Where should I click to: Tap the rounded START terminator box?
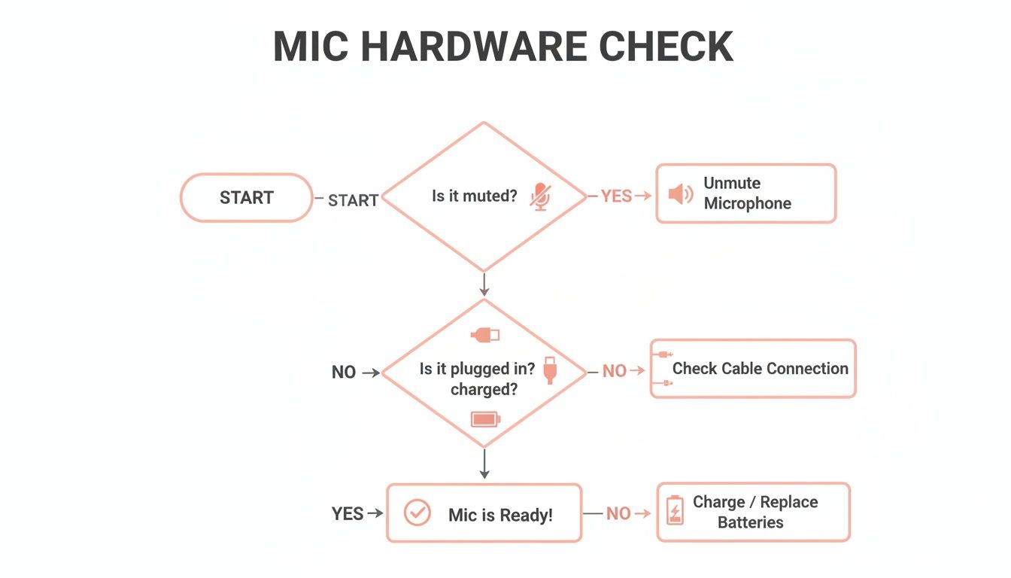click(246, 198)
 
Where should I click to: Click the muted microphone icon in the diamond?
click(540, 196)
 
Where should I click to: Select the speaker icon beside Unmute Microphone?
click(680, 194)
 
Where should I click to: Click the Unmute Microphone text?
click(747, 193)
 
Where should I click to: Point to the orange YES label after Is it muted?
click(616, 196)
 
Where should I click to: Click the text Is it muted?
click(474, 196)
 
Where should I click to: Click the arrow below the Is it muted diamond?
click(484, 284)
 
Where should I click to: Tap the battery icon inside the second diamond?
click(485, 419)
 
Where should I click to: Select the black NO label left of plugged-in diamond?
click(344, 373)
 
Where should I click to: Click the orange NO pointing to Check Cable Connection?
click(615, 371)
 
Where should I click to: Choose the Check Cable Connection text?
click(760, 369)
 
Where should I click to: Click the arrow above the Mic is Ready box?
click(484, 464)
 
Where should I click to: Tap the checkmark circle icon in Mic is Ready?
click(417, 513)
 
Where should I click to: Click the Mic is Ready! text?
click(500, 515)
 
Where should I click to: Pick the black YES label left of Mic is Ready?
click(348, 514)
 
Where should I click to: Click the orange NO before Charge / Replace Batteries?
click(618, 513)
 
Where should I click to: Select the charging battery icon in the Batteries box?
click(675, 510)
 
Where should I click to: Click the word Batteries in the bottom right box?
click(750, 522)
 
